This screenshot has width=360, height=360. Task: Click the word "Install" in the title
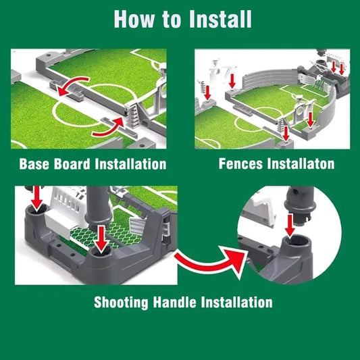[221, 20]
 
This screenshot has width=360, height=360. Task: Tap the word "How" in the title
[134, 20]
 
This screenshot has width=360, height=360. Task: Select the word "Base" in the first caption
[34, 164]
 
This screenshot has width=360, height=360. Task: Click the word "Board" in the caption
[72, 164]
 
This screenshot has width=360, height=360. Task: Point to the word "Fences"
[240, 163]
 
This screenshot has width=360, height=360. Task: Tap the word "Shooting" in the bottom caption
[121, 303]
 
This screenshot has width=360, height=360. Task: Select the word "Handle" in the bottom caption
[174, 302]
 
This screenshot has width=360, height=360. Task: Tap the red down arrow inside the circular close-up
[290, 225]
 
